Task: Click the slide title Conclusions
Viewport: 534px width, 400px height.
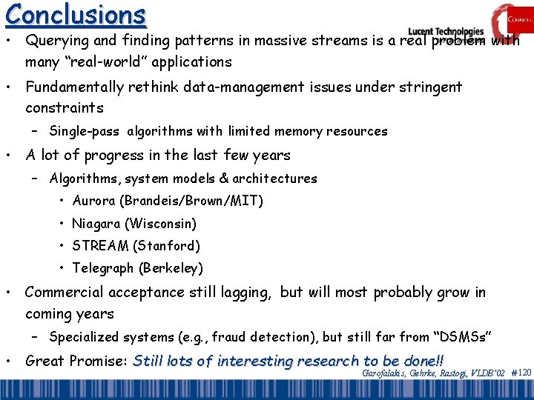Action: click(74, 15)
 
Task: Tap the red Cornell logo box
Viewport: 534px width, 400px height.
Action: click(511, 19)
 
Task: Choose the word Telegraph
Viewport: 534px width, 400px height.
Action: click(102, 267)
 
